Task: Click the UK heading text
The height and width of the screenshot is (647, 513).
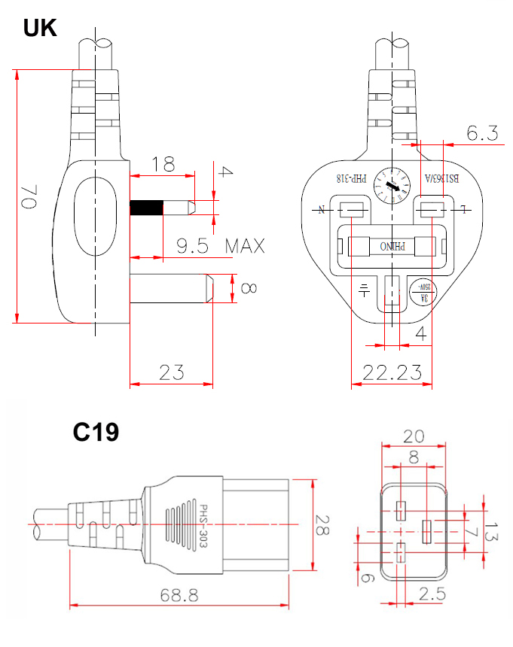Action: click(40, 28)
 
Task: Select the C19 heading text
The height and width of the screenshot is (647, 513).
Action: click(96, 432)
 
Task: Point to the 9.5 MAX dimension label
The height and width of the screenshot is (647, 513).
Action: click(221, 246)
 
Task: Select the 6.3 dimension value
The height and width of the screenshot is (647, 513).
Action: click(482, 134)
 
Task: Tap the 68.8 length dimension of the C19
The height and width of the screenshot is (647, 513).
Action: click(179, 594)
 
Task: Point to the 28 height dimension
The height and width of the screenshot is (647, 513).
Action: click(322, 525)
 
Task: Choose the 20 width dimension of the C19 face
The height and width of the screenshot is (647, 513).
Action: click(413, 436)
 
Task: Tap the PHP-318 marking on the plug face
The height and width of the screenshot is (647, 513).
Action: click(351, 179)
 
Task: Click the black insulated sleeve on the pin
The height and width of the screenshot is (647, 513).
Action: click(146, 208)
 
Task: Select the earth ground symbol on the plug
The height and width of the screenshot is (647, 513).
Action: click(364, 289)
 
